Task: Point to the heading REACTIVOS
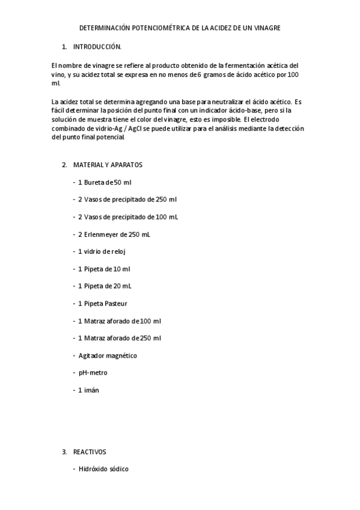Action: tap(91, 451)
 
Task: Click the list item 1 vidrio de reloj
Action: tap(102, 251)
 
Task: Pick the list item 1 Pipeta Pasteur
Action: tap(102, 303)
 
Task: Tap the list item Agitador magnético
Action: tap(108, 355)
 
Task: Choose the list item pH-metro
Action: tap(93, 373)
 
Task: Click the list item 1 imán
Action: tap(88, 390)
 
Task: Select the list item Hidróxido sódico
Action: tap(103, 469)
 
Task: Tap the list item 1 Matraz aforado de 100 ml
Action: tap(119, 321)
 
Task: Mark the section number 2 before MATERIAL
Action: tap(64, 164)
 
